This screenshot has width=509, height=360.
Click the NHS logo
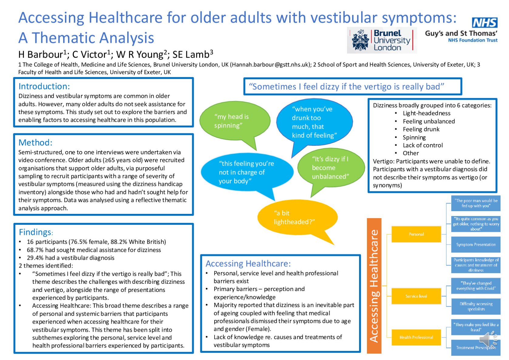point(484,22)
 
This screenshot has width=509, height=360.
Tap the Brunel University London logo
point(382,40)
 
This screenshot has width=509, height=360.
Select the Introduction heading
point(44,87)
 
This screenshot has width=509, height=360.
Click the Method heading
point(36,142)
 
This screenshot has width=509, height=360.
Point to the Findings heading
point(35,232)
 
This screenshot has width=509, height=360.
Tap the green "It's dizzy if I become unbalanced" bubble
point(331,168)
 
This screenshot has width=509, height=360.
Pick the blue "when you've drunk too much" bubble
point(314,122)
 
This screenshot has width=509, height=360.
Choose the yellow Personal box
point(416,234)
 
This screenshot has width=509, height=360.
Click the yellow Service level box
point(416,296)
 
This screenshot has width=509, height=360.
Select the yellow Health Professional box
point(416,337)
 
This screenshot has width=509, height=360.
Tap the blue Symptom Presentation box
point(476,245)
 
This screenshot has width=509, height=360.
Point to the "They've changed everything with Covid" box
point(476,286)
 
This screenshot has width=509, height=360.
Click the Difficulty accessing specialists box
point(476,307)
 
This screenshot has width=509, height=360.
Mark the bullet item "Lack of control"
point(422,145)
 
